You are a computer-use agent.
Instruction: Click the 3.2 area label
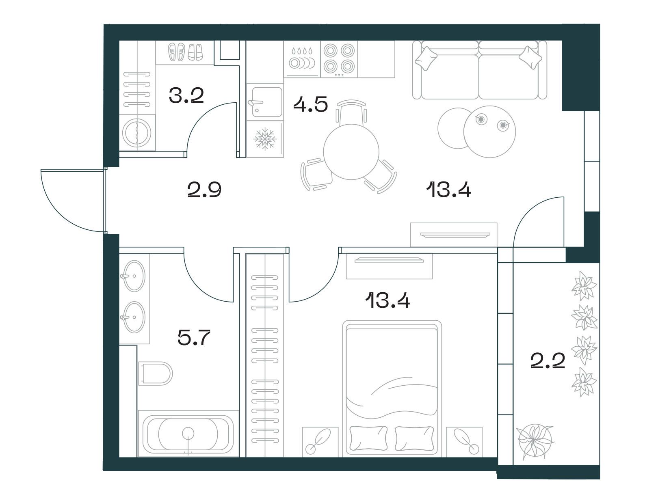coord(186,95)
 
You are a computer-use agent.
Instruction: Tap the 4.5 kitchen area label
coord(310,104)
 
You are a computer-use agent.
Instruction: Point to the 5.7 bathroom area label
coord(194,337)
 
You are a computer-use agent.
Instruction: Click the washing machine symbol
coord(137,133)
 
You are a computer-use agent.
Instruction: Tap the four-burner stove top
coord(339,58)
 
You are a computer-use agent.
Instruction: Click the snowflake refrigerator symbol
coord(265,139)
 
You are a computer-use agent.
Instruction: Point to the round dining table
coord(351,152)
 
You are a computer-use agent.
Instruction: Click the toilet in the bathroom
coord(155,373)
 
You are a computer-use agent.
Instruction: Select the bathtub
coord(188,434)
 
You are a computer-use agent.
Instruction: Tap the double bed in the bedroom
coord(392,388)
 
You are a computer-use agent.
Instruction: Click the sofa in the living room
coord(479,70)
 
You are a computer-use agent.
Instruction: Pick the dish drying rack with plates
coord(302,58)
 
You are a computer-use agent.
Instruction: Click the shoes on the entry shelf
coord(185,52)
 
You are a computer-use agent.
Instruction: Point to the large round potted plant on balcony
coord(535,441)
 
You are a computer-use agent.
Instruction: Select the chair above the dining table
coord(351,112)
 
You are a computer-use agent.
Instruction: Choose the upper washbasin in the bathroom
coord(134,276)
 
